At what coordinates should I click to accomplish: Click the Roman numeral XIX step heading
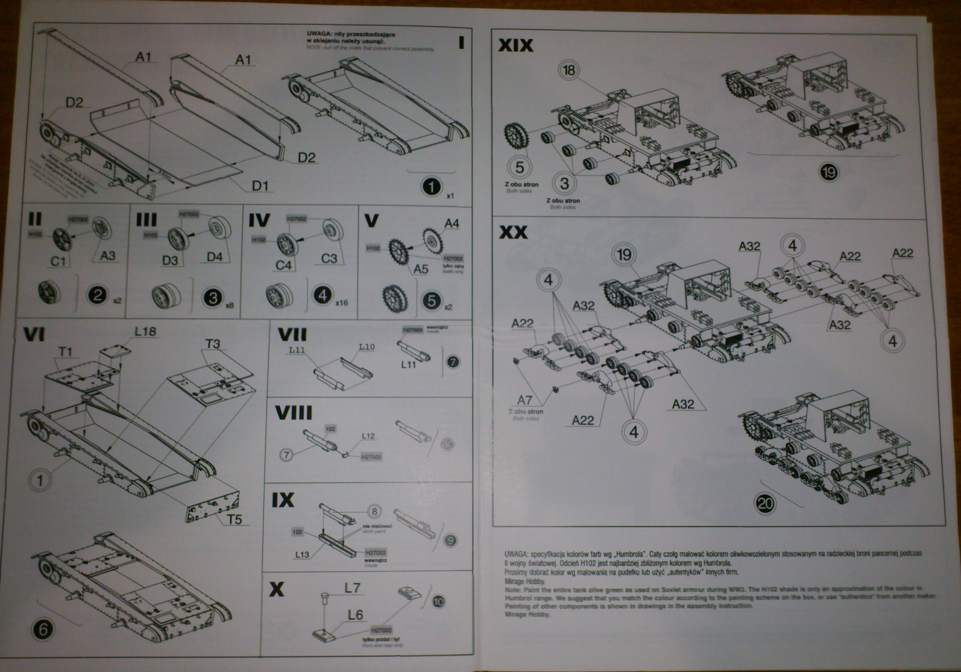tap(515, 45)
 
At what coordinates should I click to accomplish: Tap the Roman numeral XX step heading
tap(513, 232)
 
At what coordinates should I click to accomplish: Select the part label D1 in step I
tap(260, 185)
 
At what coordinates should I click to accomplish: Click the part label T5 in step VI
tap(235, 518)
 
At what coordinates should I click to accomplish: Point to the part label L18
tap(145, 331)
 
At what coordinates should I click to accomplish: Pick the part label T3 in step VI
tap(213, 344)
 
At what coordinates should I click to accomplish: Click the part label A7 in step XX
tap(525, 400)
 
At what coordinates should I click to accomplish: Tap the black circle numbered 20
tap(766, 503)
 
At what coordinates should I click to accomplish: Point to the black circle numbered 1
tap(431, 187)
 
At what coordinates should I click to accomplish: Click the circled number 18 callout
tap(569, 70)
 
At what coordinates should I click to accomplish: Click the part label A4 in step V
tap(452, 224)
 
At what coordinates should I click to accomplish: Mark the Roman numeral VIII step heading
tap(294, 413)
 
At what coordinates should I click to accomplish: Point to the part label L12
tap(368, 436)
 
